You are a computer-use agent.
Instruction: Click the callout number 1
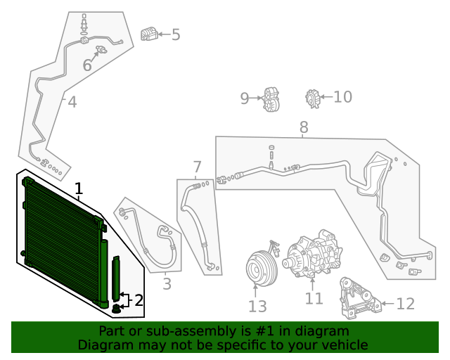point(79,188)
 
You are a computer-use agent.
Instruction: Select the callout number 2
point(139,300)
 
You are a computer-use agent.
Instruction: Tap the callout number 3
point(167,284)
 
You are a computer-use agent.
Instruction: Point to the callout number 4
point(72,103)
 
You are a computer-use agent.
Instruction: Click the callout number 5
point(175,34)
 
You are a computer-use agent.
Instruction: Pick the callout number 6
point(87,65)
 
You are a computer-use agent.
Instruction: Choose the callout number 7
point(197,167)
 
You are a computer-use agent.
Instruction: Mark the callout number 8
point(304,127)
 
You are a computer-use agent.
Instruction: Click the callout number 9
point(245,98)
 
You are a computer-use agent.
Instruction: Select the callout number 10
point(342,96)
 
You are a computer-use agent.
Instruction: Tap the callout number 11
point(314,298)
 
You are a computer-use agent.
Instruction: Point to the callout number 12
point(406,304)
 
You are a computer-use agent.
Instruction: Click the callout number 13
point(257,306)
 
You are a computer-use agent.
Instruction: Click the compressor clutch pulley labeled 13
point(257,266)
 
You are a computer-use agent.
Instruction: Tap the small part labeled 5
point(148,34)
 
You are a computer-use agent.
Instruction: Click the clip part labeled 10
point(313,98)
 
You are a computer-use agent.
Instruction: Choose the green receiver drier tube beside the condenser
point(116,278)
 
